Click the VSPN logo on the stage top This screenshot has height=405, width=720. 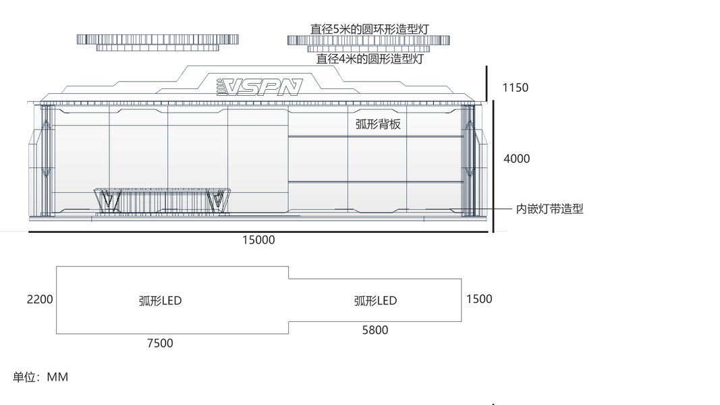coord(259,87)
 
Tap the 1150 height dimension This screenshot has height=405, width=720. coord(515,87)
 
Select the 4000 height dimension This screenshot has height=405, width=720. coord(517,159)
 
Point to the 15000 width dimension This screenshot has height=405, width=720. coord(258,240)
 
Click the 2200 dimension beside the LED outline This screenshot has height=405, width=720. coord(40,299)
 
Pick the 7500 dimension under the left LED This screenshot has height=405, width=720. coord(160,343)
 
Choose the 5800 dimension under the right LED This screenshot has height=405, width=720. coord(375,330)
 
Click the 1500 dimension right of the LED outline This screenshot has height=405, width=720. coord(479,299)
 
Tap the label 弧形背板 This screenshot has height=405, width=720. coord(378,124)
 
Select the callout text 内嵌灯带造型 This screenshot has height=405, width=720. coord(549,209)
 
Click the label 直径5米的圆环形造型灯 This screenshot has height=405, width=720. coord(369,29)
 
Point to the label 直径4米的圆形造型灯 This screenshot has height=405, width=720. coord(370,59)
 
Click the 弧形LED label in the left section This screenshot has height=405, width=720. coord(160,300)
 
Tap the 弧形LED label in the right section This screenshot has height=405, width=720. coord(375,300)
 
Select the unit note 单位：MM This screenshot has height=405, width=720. coord(40,377)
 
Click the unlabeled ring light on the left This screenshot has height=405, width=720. coord(158,42)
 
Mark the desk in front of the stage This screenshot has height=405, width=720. coord(162,200)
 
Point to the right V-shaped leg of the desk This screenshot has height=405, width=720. coord(218,200)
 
